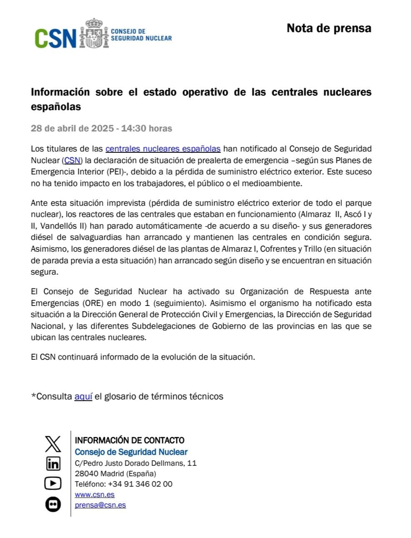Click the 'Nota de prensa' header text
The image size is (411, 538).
tap(328, 28)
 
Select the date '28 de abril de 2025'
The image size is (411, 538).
tap(72, 129)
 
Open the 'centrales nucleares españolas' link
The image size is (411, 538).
tap(163, 149)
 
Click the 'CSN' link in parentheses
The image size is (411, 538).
tap(72, 160)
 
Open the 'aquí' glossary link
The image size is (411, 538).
tap(83, 397)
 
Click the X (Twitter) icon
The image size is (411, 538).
tap(53, 444)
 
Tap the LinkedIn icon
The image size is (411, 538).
tap(53, 463)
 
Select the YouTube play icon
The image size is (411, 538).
tap(53, 483)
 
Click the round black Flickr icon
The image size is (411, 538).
tap(53, 505)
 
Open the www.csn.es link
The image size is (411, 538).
tap(95, 495)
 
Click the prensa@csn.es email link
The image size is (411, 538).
tap(100, 505)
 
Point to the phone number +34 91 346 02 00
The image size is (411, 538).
tap(140, 484)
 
